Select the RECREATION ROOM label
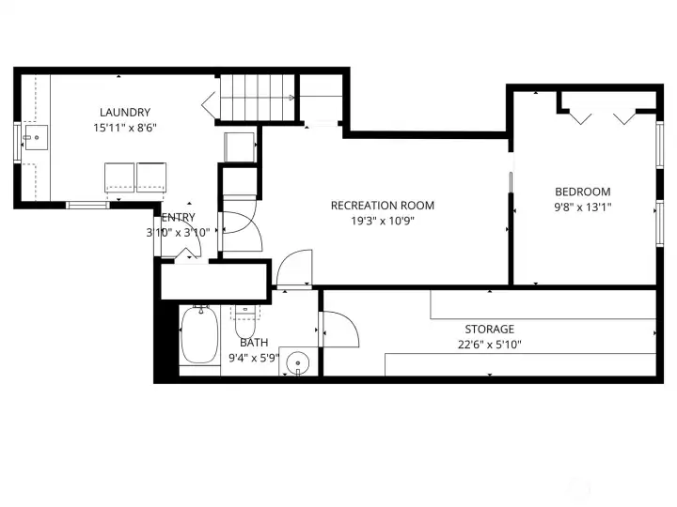pyautogui.click(x=382, y=206)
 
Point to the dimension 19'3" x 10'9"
pyautogui.click(x=382, y=222)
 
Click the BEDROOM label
pyautogui.click(x=582, y=192)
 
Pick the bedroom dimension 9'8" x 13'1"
pyautogui.click(x=582, y=207)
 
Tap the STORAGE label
pyautogui.click(x=489, y=330)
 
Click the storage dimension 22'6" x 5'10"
pyautogui.click(x=489, y=345)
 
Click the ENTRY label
pyautogui.click(x=178, y=218)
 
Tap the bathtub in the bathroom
pyautogui.click(x=198, y=336)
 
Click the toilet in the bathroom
pyautogui.click(x=245, y=323)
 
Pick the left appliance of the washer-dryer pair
pyautogui.click(x=118, y=177)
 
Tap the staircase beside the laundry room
pyautogui.click(x=254, y=98)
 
